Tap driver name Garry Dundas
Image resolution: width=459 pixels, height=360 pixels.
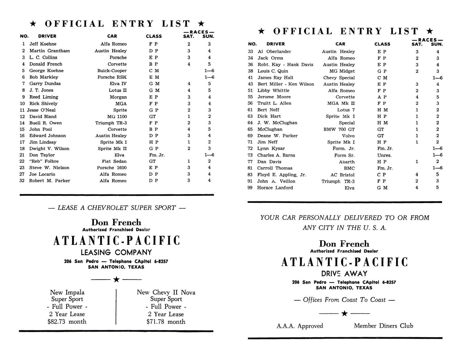point(45,83)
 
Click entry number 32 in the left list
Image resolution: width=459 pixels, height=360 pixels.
point(22,181)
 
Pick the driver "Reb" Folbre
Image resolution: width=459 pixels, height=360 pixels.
point(44,161)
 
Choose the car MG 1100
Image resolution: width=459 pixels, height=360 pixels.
point(117,116)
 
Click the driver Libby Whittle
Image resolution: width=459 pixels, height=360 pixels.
point(273,90)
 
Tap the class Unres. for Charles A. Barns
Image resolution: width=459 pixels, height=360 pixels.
point(384,155)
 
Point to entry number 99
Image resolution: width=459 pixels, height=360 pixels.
point(250,188)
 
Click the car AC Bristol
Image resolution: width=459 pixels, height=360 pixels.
point(343,175)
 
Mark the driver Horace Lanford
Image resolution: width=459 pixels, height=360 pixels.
point(275,188)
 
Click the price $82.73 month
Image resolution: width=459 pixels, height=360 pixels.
point(67,322)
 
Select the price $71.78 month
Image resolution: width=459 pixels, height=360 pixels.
point(166,322)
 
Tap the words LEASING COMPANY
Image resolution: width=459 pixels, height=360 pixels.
point(116,252)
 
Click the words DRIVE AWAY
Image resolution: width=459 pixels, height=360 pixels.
point(344,274)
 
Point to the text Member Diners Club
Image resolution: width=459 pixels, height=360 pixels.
point(383,326)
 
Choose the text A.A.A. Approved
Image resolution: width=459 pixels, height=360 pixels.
point(300,326)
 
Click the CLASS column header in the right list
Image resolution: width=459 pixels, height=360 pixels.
point(382,44)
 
